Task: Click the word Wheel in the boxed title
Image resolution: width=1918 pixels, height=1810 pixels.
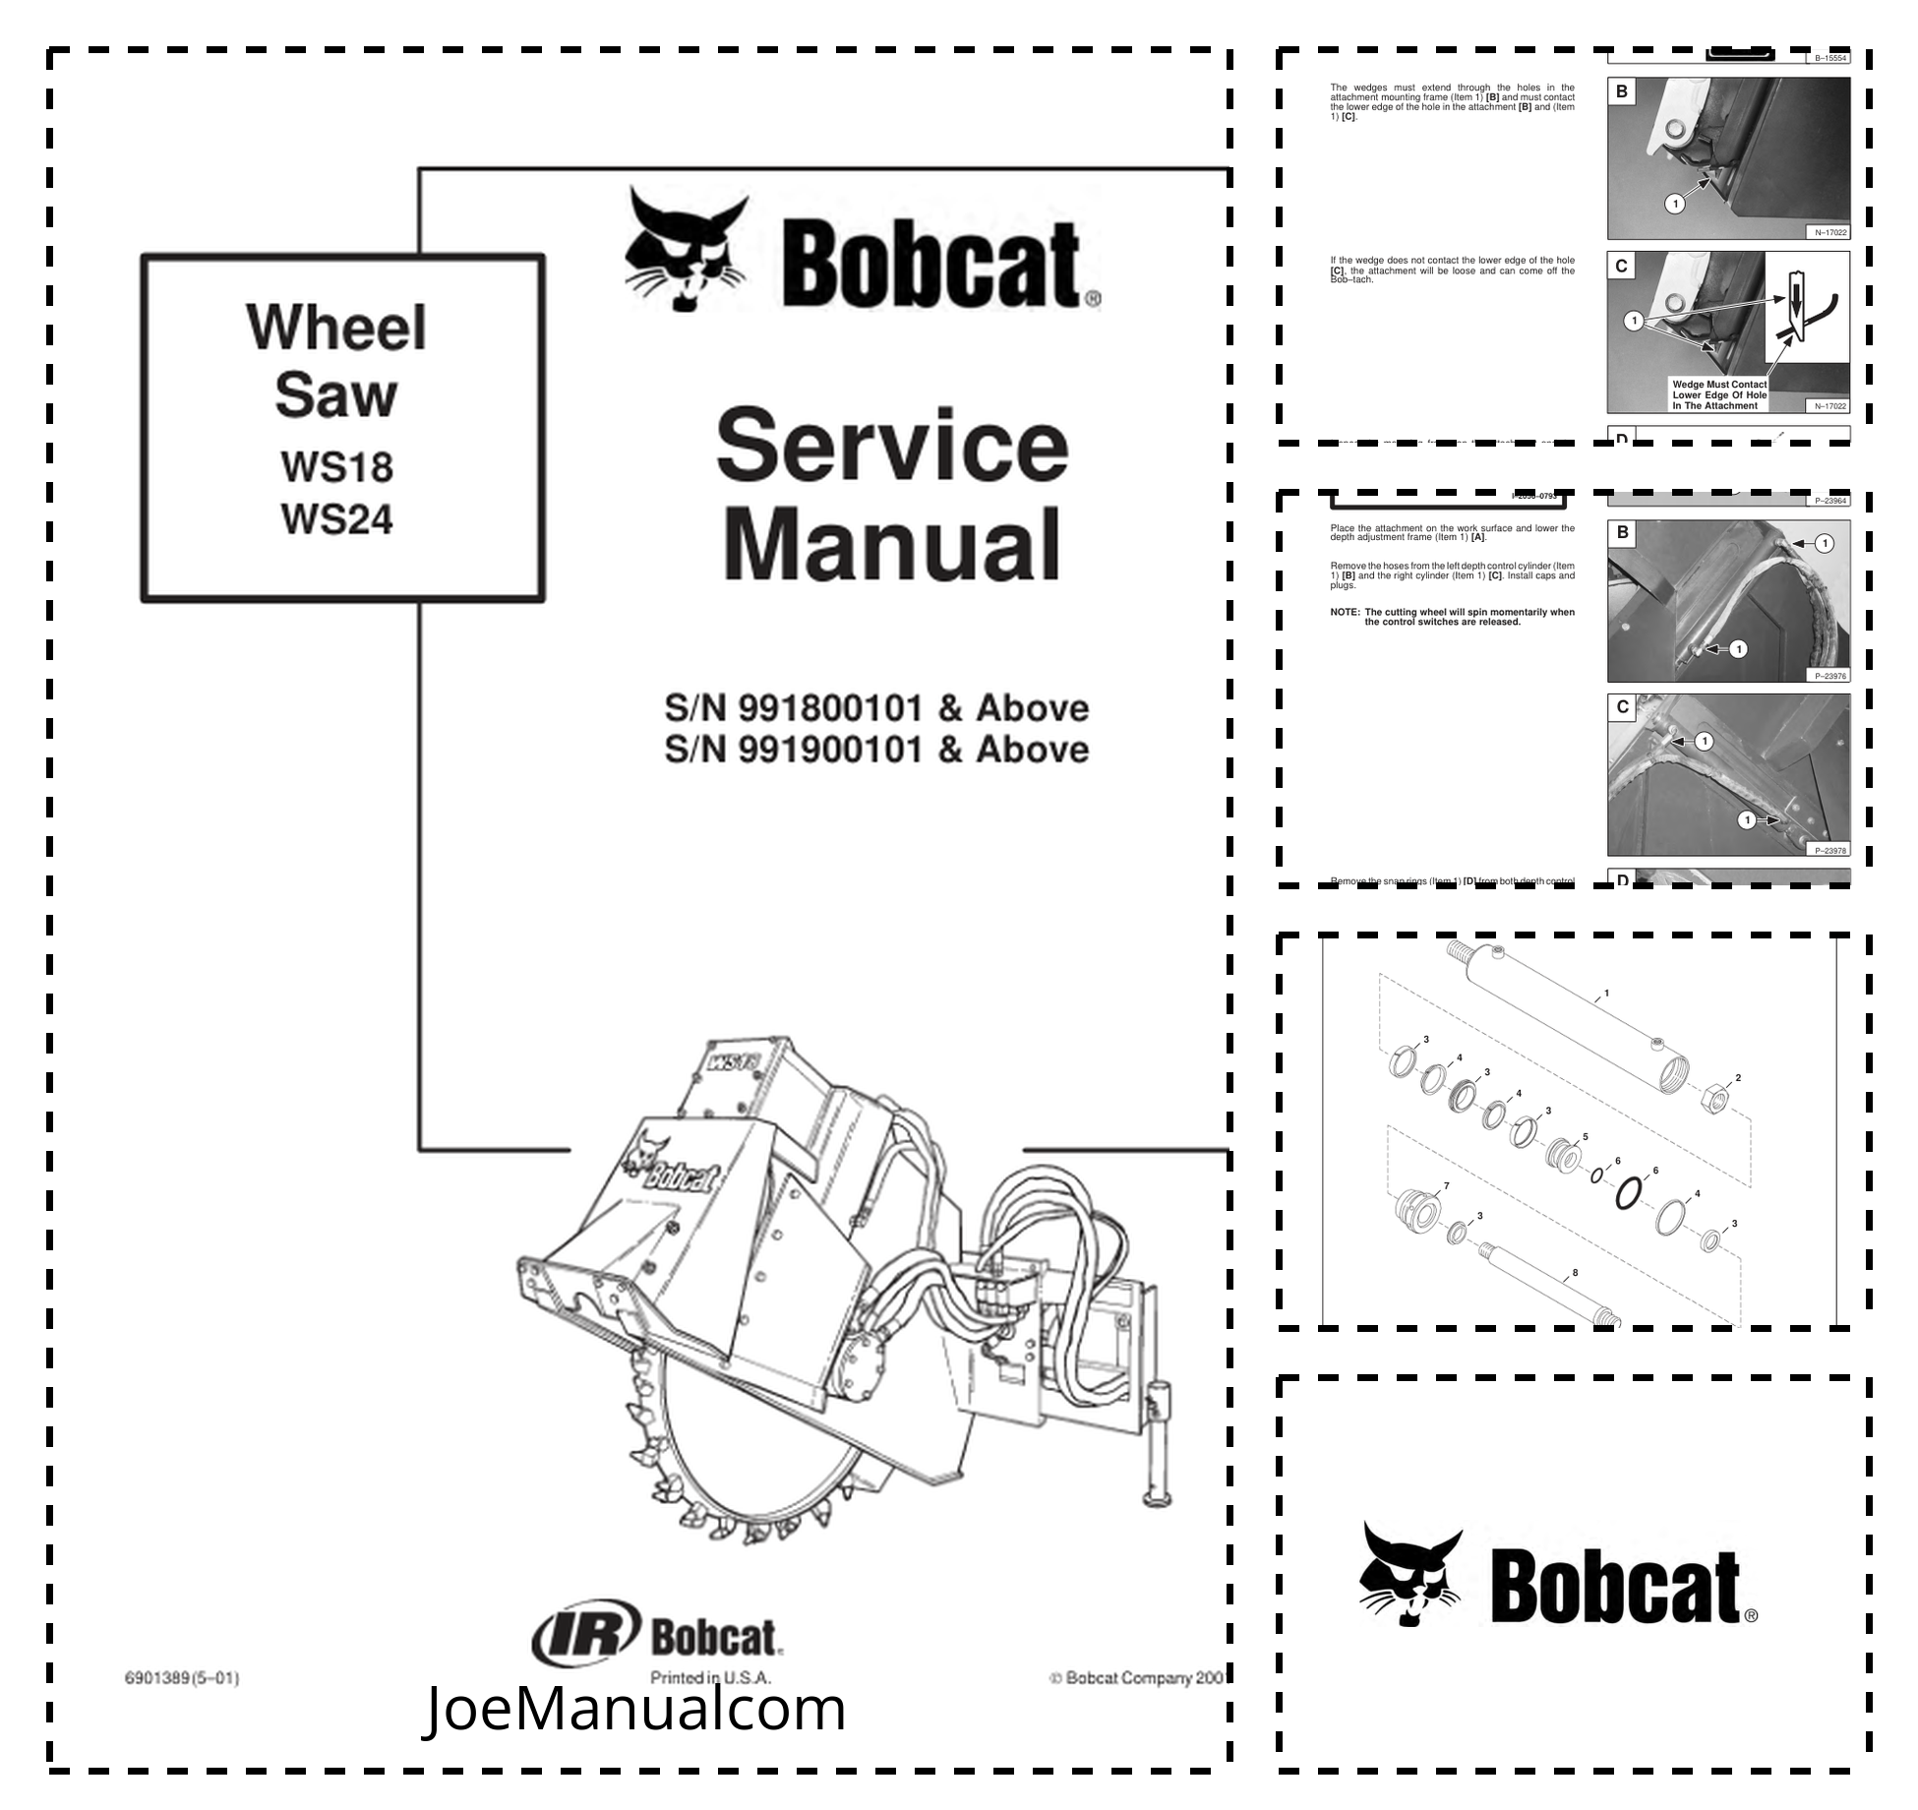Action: [336, 328]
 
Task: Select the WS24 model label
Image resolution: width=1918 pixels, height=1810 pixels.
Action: [336, 519]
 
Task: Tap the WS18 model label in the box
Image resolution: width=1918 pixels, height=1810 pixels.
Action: [336, 466]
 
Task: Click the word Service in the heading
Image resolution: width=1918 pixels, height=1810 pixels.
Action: [892, 448]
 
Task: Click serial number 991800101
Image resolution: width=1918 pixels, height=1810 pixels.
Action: [831, 708]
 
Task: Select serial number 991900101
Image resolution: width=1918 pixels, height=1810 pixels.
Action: [831, 750]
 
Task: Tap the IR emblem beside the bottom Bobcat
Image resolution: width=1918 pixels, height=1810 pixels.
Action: [586, 1637]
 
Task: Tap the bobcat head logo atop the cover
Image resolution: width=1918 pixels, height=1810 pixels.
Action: [687, 251]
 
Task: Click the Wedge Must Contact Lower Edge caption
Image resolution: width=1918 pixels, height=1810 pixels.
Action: [1719, 395]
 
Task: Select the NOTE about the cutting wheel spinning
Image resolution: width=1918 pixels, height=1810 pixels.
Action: [1453, 617]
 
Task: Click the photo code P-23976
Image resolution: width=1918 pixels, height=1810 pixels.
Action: [1830, 676]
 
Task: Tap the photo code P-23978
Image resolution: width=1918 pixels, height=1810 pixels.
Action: [1830, 850]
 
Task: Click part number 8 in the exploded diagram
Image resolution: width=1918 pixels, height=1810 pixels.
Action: [1575, 1273]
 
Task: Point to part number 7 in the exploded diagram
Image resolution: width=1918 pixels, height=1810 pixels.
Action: [1446, 1186]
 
